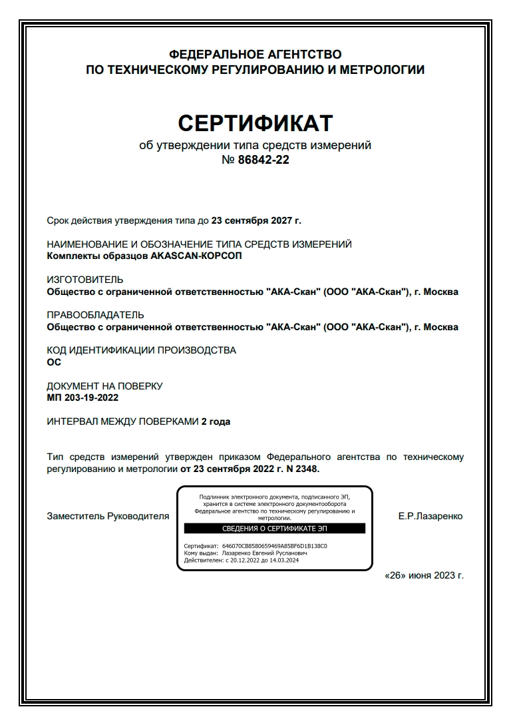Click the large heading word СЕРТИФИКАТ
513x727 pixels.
[x=256, y=123]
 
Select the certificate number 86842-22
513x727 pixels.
[x=263, y=160]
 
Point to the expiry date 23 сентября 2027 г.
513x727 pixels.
[x=256, y=220]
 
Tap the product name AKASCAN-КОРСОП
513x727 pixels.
[x=197, y=256]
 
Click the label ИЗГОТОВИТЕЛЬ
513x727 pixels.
[x=85, y=280]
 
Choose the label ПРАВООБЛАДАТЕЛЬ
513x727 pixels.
[x=95, y=315]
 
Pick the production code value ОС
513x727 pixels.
[x=54, y=362]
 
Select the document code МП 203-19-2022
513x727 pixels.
[x=83, y=397]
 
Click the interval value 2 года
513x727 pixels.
[x=216, y=421]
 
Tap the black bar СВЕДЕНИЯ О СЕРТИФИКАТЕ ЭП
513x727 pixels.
[x=274, y=529]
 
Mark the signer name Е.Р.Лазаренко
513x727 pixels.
[x=430, y=516]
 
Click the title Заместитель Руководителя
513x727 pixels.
[x=108, y=516]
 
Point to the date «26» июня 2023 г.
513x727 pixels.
[x=425, y=576]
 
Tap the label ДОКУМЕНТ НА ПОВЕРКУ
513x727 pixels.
[x=104, y=386]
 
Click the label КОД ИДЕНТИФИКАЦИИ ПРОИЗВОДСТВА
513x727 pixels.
[x=141, y=350]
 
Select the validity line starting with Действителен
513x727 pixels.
[x=241, y=560]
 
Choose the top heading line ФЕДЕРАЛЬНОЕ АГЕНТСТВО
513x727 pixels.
[x=256, y=54]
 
